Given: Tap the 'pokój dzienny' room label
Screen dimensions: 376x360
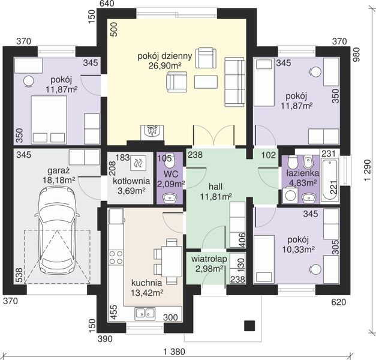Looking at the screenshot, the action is (165, 56).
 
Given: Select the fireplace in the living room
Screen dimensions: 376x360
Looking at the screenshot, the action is (152, 132).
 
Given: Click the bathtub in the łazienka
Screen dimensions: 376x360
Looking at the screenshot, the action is (330, 180).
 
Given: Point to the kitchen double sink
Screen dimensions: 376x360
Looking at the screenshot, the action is (145, 313).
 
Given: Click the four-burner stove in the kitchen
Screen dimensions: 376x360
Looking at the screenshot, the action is (116, 257).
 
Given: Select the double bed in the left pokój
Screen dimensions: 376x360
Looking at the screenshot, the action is (49, 120).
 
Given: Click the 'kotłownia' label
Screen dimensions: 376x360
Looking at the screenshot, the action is (131, 181).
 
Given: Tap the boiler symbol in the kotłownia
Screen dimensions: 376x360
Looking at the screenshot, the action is (138, 163).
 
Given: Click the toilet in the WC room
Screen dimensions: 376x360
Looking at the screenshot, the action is (170, 162).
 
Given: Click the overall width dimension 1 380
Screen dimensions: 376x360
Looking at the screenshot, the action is (175, 352).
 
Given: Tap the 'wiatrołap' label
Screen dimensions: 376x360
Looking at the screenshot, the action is (209, 259).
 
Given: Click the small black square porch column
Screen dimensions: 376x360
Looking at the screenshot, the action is (249, 326).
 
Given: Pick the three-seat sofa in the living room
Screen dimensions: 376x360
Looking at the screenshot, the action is (234, 82).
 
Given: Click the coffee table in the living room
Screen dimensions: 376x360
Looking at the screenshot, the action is (206, 82).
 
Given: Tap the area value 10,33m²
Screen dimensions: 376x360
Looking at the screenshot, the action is (298, 250).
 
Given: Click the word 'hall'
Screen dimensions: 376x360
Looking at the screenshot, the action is (215, 187).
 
